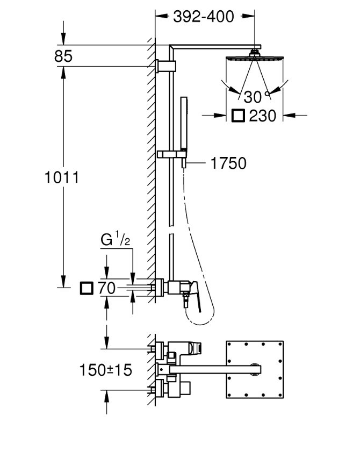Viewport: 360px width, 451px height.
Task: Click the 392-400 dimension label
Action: point(204,17)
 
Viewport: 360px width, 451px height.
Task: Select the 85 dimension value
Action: point(63,56)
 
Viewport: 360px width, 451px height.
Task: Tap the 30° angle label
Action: point(253,97)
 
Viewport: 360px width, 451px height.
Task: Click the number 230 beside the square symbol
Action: point(263,116)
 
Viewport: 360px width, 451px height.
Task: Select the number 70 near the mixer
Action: point(107,289)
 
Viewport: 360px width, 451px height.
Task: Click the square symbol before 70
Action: point(86,289)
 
